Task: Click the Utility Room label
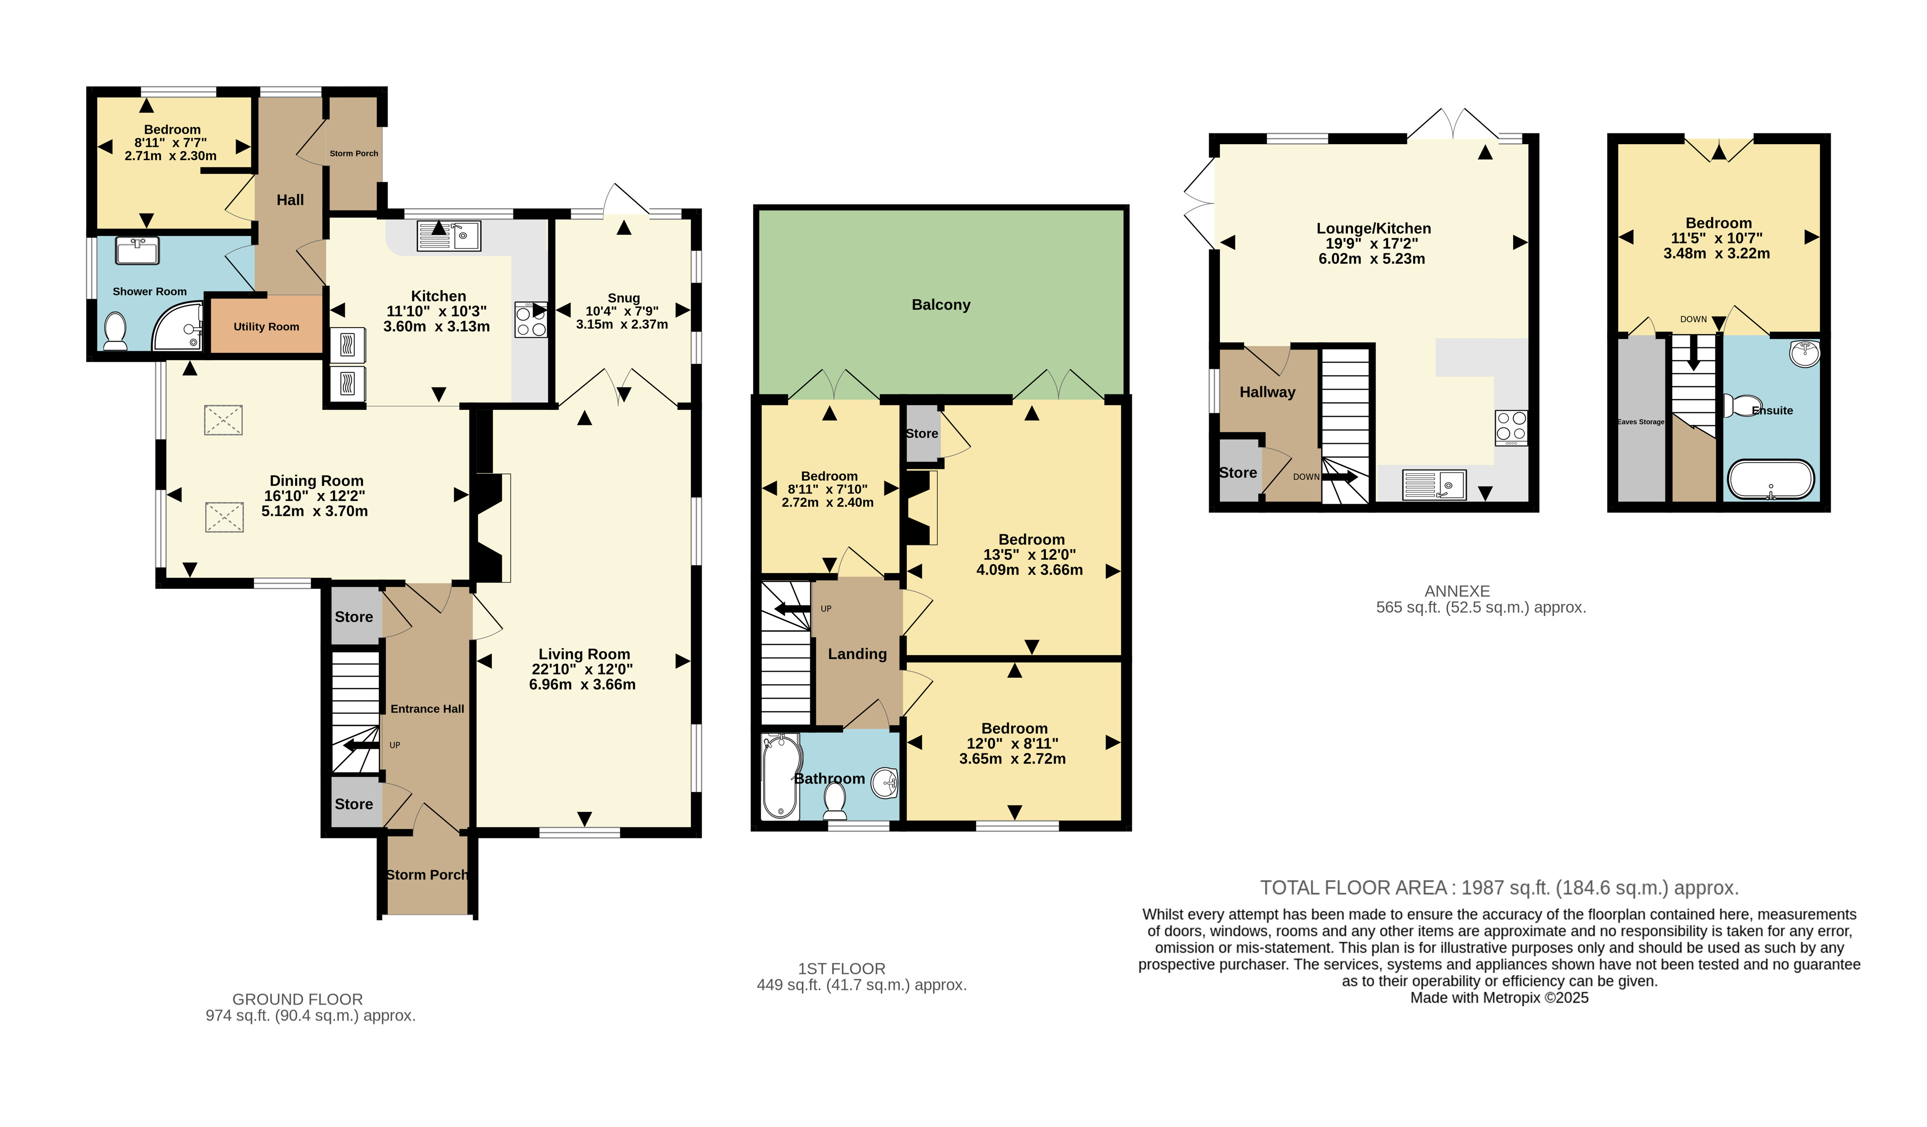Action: tap(266, 327)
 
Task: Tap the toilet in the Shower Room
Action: tap(116, 331)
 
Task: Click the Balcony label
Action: tap(941, 304)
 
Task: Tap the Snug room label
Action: tap(623, 298)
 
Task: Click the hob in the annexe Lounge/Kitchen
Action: tap(1511, 427)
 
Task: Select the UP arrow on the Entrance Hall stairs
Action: tap(361, 746)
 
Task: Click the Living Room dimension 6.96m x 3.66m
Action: tap(582, 684)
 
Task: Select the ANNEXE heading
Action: tap(1458, 591)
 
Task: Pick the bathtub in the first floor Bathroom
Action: tap(781, 776)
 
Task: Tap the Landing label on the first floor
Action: tap(857, 654)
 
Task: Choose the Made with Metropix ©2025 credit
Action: tap(1500, 998)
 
